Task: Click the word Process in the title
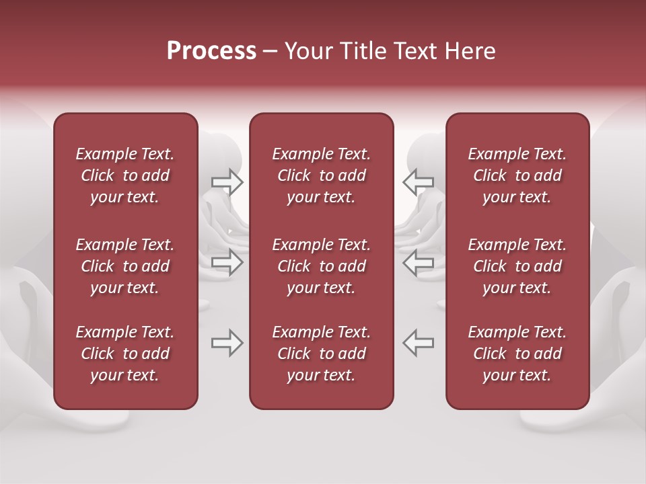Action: [x=211, y=51]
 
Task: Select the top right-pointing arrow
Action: [x=227, y=182]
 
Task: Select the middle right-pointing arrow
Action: [x=227, y=262]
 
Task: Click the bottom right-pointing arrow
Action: [x=227, y=343]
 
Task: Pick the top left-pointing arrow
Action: [x=418, y=182]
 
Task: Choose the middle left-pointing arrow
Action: [x=418, y=262]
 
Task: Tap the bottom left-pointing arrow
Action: [x=418, y=343]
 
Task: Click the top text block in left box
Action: [x=125, y=175]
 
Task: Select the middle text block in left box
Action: [x=125, y=266]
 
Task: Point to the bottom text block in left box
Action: [x=125, y=354]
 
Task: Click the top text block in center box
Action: [x=321, y=175]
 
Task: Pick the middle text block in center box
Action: [x=321, y=266]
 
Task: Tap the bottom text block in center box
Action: [x=321, y=354]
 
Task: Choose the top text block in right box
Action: [x=517, y=175]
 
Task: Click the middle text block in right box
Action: [x=517, y=266]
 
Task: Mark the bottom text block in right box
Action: [x=517, y=354]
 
